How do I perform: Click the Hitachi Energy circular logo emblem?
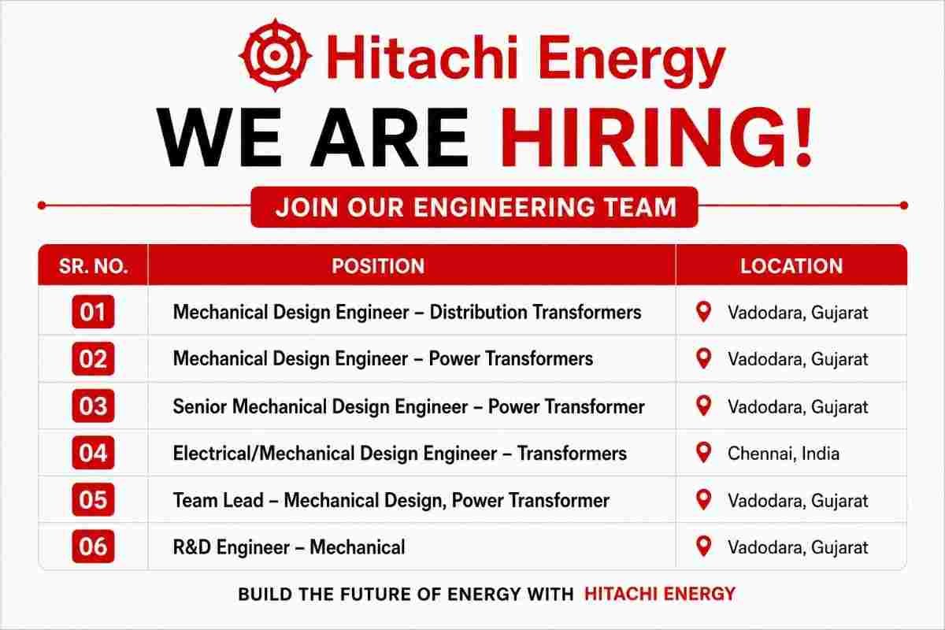click(x=276, y=55)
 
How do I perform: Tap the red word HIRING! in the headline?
click(x=655, y=138)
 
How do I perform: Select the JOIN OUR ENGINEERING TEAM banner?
click(x=474, y=207)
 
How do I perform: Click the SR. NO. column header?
click(x=93, y=266)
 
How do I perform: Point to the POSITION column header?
click(x=378, y=266)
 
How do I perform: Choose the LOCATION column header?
click(x=791, y=266)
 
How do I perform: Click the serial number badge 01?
click(x=93, y=312)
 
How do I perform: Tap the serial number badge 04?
click(x=93, y=453)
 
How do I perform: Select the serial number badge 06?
click(x=93, y=547)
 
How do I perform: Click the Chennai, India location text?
click(x=784, y=454)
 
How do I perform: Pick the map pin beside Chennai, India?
click(x=703, y=453)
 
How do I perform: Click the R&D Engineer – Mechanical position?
click(x=289, y=547)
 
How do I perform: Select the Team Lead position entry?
click(x=391, y=500)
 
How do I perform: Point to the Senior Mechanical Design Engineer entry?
click(x=409, y=407)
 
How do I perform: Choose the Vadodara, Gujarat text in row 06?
click(x=798, y=548)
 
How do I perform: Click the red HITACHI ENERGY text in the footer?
click(x=660, y=594)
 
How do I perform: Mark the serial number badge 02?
click(x=93, y=358)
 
